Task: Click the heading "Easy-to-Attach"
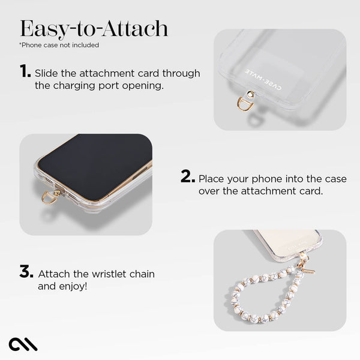pyautogui.click(x=94, y=29)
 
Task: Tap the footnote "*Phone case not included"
pyautogui.click(x=59, y=45)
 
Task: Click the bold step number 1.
pyautogui.click(x=25, y=72)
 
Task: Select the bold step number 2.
pyautogui.click(x=188, y=178)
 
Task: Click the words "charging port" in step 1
pyautogui.click(x=94, y=86)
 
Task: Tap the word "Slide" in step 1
pyautogui.click(x=46, y=73)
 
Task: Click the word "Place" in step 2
pyautogui.click(x=212, y=179)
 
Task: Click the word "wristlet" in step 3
pyautogui.click(x=114, y=274)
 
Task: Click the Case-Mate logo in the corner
pyautogui.click(x=23, y=344)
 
